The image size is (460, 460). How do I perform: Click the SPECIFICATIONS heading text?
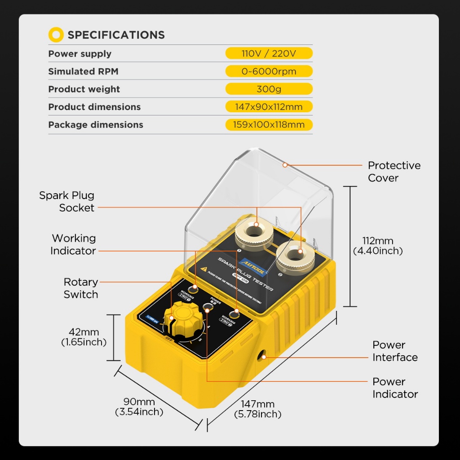click(116, 35)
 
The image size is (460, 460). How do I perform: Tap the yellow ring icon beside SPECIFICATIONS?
click(56, 35)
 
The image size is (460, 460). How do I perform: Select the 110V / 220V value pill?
click(269, 54)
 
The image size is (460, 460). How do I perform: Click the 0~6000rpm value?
click(269, 71)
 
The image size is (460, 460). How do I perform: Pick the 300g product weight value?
click(269, 89)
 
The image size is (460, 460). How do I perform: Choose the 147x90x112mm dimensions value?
click(269, 107)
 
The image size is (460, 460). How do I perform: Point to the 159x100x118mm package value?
click(269, 125)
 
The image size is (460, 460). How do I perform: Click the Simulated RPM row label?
click(84, 71)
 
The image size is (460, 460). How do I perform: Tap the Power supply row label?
click(80, 54)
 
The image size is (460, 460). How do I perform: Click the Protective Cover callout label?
click(394, 172)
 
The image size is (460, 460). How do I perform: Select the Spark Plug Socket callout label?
click(67, 202)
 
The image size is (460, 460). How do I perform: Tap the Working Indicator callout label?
click(73, 244)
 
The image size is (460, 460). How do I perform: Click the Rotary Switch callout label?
click(81, 288)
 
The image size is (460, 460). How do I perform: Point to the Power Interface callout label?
click(395, 351)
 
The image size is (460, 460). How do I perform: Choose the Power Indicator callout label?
click(395, 388)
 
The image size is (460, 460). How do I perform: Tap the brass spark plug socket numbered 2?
click(295, 255)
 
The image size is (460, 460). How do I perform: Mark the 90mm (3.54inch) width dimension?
click(139, 407)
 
